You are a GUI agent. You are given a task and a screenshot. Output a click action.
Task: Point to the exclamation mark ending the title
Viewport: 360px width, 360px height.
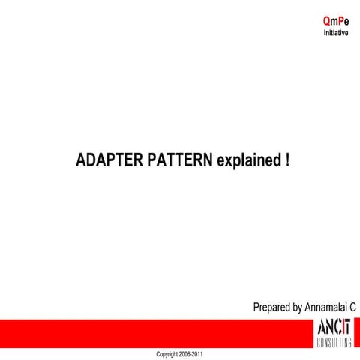287,161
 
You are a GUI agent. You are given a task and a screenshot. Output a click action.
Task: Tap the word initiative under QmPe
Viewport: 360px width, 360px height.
335,33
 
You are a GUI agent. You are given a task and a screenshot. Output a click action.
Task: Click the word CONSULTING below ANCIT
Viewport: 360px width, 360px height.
334,343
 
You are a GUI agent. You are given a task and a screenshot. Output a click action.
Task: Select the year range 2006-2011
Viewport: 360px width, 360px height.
191,353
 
